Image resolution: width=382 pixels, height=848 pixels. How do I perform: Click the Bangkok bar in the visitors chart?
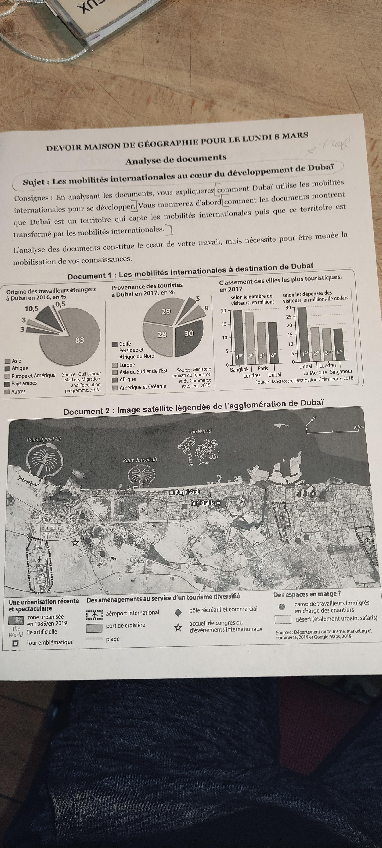pos(237,336)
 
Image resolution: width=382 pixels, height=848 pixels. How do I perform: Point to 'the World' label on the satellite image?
pos(200,431)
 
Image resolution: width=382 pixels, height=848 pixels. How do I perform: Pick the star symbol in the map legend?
pos(178,628)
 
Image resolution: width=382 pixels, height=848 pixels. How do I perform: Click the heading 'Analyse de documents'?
pos(176,159)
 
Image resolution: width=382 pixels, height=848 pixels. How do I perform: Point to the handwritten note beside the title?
pos(333,145)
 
